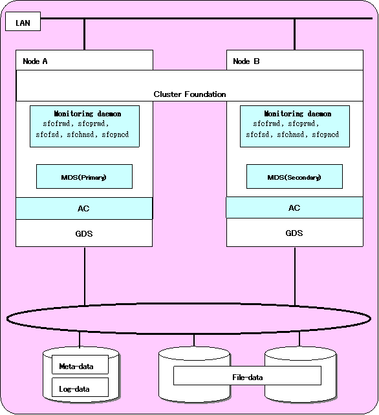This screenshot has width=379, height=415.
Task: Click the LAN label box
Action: click(x=23, y=21)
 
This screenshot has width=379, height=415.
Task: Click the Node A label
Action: click(x=35, y=61)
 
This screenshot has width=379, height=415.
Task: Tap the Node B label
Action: click(x=246, y=61)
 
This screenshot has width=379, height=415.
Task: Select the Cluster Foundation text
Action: click(x=189, y=94)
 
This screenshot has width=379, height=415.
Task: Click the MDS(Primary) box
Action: click(x=84, y=176)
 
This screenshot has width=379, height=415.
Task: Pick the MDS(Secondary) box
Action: click(x=294, y=176)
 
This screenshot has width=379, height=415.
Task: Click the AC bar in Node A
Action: click(x=84, y=208)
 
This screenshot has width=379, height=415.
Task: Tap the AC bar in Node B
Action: click(x=294, y=207)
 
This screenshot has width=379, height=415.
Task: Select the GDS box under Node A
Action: click(x=84, y=233)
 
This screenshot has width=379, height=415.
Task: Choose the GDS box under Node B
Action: click(x=294, y=233)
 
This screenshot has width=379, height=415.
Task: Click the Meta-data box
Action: click(x=80, y=365)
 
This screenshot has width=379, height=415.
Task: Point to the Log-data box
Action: click(x=80, y=387)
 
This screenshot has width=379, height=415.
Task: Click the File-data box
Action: click(x=247, y=376)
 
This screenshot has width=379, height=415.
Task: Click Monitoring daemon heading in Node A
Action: click(x=87, y=114)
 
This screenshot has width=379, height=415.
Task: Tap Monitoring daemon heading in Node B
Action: click(x=298, y=114)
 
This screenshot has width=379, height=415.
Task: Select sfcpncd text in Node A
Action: click(x=115, y=134)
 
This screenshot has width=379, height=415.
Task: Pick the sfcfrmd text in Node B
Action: click(x=266, y=123)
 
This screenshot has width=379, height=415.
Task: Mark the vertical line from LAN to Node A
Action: click(x=85, y=34)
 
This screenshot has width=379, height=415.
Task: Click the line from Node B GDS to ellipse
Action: click(x=295, y=276)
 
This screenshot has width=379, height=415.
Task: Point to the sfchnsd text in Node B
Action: click(x=290, y=134)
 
